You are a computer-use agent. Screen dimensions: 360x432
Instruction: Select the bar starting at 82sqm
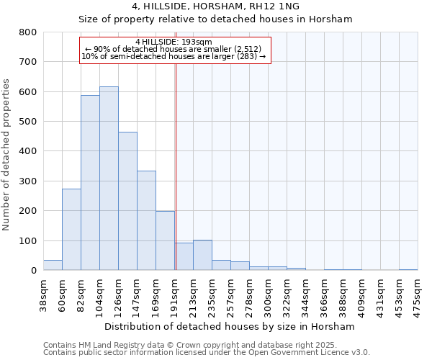pos(90,183)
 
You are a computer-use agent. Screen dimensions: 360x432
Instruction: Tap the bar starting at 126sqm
pos(127,201)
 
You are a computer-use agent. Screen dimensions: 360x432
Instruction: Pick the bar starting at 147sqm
pos(146,220)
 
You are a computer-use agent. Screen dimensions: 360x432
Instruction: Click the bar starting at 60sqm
pos(71,230)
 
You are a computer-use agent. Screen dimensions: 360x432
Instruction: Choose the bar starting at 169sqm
pos(165,240)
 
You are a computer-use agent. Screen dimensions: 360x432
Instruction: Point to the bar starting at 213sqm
pos(202,255)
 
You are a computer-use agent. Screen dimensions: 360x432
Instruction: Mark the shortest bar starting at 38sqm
pos(53,265)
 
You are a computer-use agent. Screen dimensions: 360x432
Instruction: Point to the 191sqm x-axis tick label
pos(175,293)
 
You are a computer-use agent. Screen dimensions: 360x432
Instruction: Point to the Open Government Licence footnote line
pos(207,352)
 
